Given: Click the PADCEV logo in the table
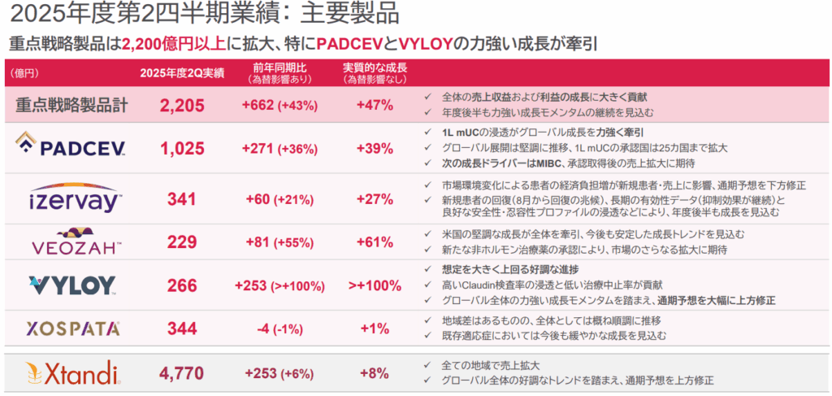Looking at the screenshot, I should point(71,147).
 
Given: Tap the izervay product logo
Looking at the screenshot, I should point(74,198).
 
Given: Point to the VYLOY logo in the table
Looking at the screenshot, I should point(72,285).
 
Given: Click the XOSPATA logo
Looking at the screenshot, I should point(73,329).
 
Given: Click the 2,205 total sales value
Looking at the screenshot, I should point(182,105).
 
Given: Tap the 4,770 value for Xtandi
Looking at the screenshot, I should point(182,373).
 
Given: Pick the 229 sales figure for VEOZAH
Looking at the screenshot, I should point(182,242).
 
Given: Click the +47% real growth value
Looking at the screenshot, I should point(374,105).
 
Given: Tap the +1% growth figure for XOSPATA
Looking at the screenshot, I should point(374,329).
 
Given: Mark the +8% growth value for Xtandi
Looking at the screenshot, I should point(374,373).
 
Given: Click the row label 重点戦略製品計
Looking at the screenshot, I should point(71,105).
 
